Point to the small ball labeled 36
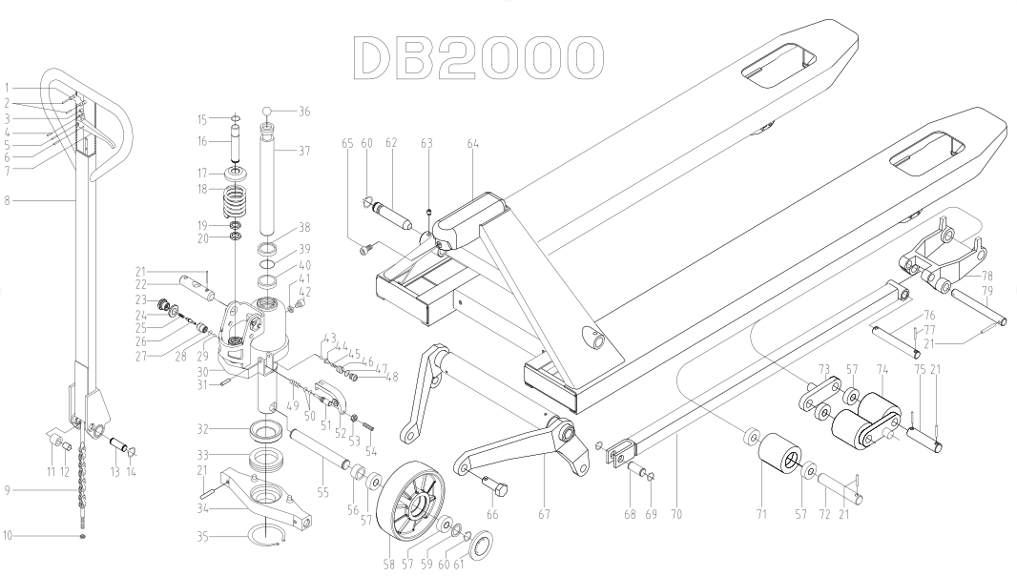[268, 111]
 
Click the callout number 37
[304, 150]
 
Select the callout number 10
[8, 536]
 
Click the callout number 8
[8, 201]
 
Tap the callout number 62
[390, 144]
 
